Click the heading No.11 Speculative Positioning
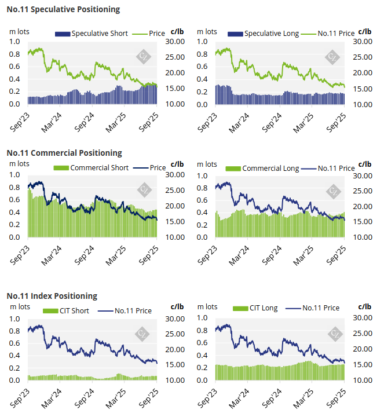pyautogui.click(x=64, y=9)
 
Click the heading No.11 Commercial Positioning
pyautogui.click(x=64, y=153)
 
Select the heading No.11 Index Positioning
pyautogui.click(x=52, y=296)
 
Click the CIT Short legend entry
pyautogui.click(x=67, y=311)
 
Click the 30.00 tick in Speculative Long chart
pyautogui.click(x=362, y=42)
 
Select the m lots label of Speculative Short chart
pyautogui.click(x=19, y=31)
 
